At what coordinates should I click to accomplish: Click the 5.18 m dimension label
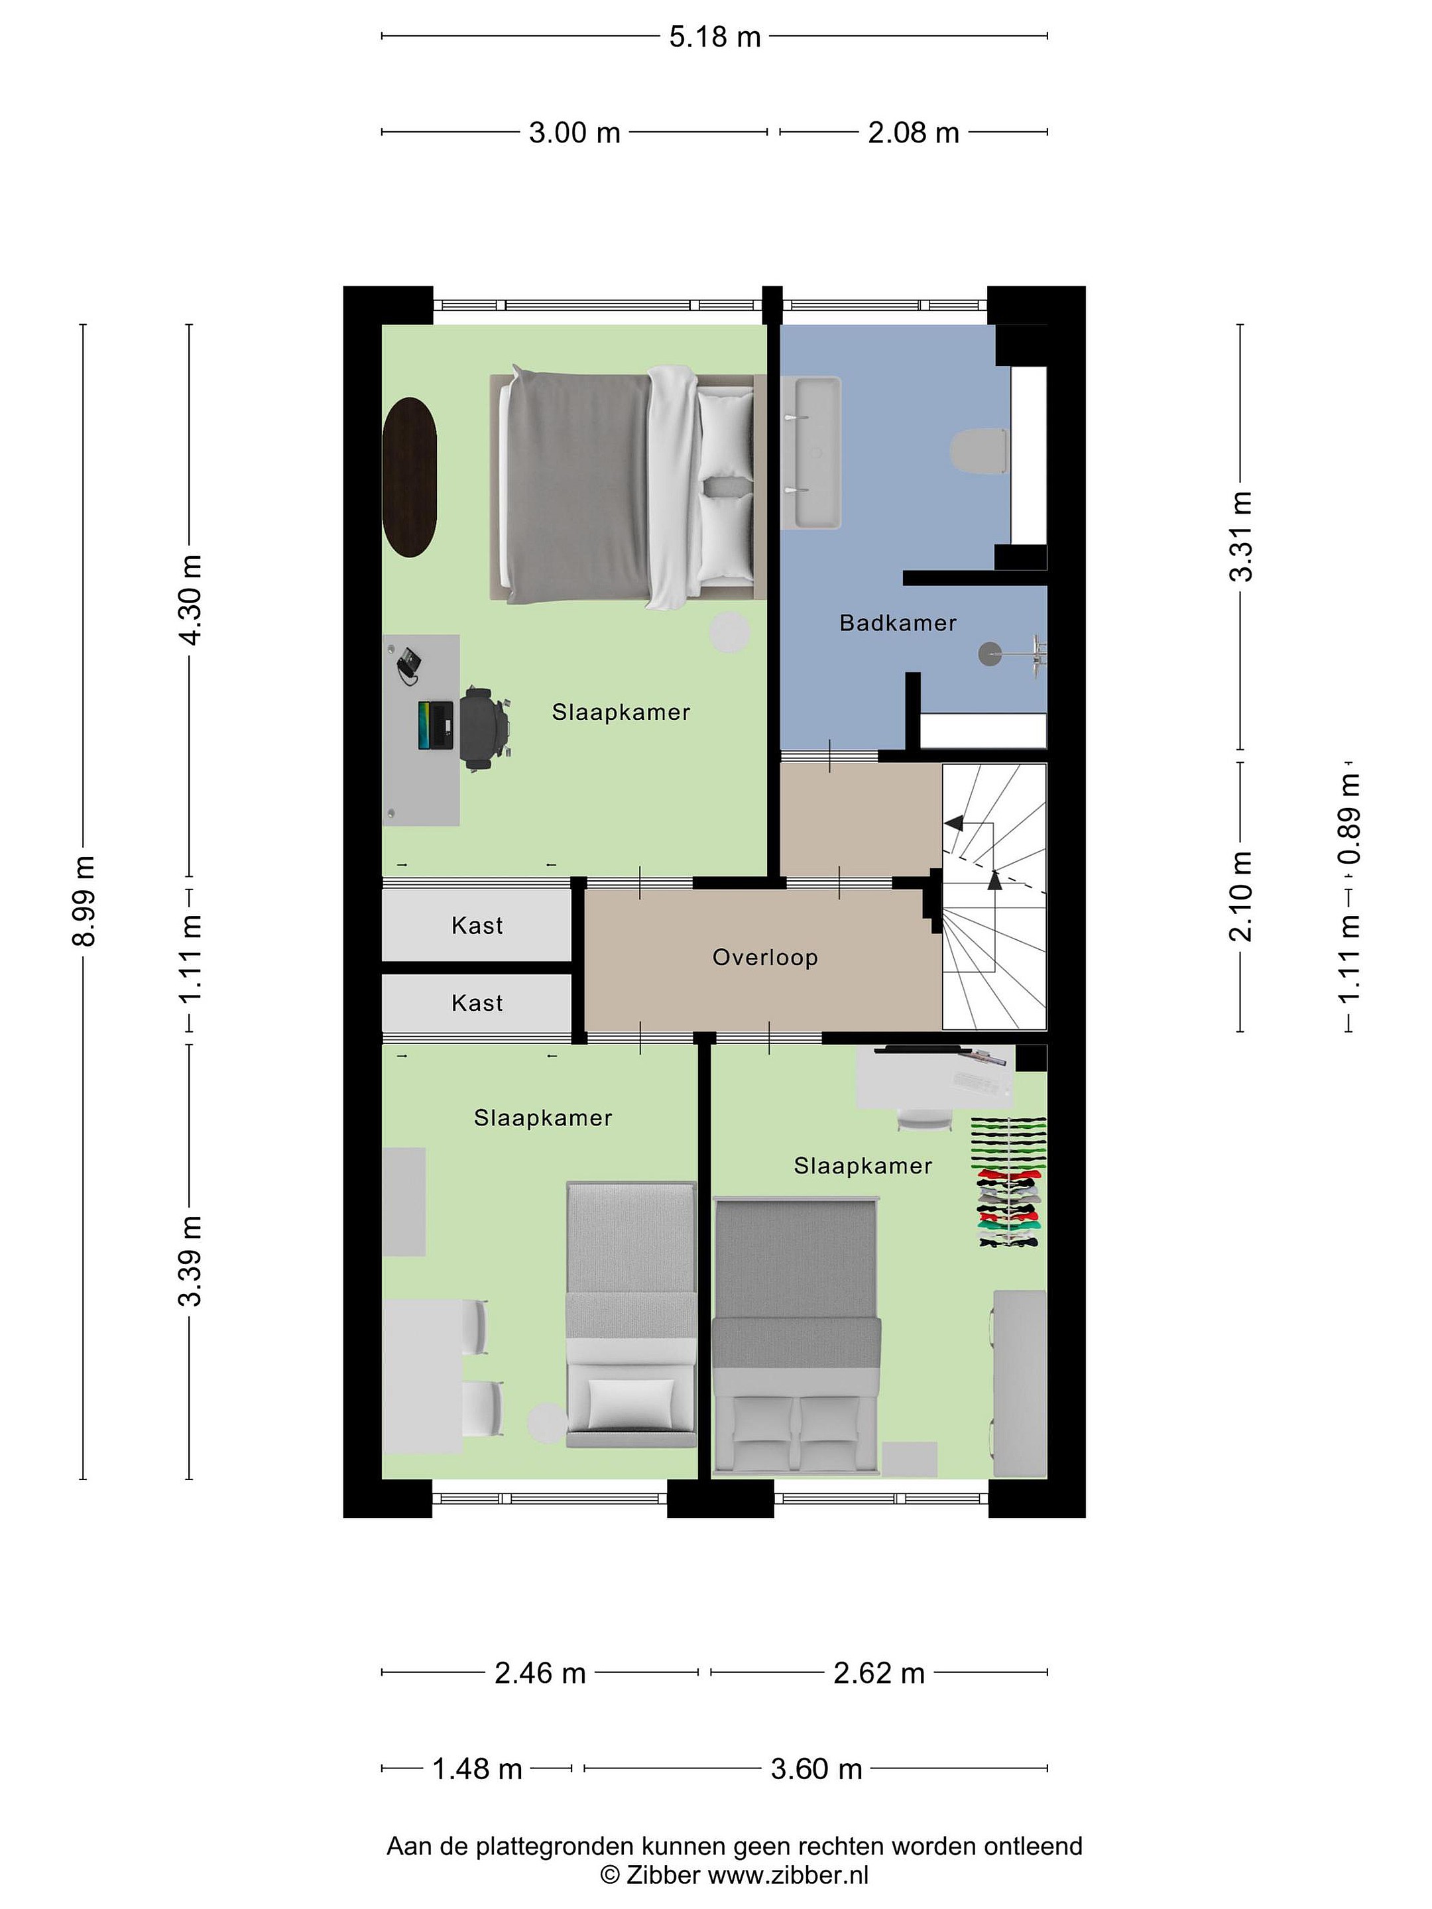pyautogui.click(x=715, y=37)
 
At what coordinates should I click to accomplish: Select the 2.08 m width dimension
pyautogui.click(x=914, y=133)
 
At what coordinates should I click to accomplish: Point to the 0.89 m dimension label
pyautogui.click(x=1349, y=818)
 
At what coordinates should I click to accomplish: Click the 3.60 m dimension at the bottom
pyautogui.click(x=817, y=1769)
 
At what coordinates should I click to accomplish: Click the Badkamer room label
pyautogui.click(x=898, y=623)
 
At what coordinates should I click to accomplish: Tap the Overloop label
pyautogui.click(x=765, y=958)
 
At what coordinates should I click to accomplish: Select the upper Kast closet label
pyautogui.click(x=477, y=926)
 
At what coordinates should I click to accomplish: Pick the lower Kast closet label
pyautogui.click(x=477, y=1003)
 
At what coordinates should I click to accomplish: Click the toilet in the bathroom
pyautogui.click(x=980, y=451)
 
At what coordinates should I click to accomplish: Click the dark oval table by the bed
pyautogui.click(x=409, y=477)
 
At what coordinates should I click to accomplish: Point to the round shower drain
pyautogui.click(x=987, y=654)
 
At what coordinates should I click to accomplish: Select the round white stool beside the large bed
pyautogui.click(x=729, y=632)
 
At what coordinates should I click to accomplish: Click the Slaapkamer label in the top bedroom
pyautogui.click(x=621, y=713)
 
